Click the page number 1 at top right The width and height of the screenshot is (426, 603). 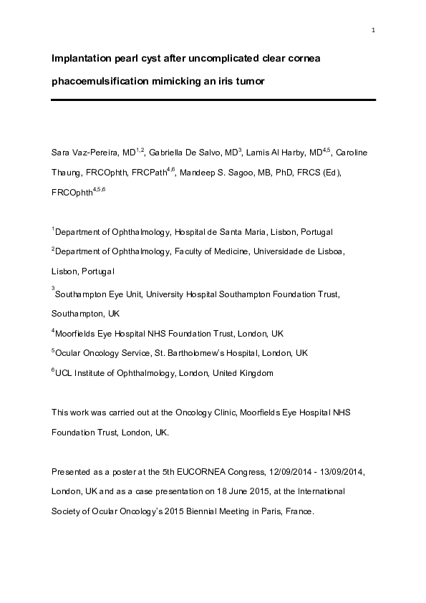coord(374,30)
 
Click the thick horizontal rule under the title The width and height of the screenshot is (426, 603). coord(213,100)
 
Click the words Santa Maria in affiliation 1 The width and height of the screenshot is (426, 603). coord(246,232)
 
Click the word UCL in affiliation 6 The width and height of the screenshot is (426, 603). coord(64,373)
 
